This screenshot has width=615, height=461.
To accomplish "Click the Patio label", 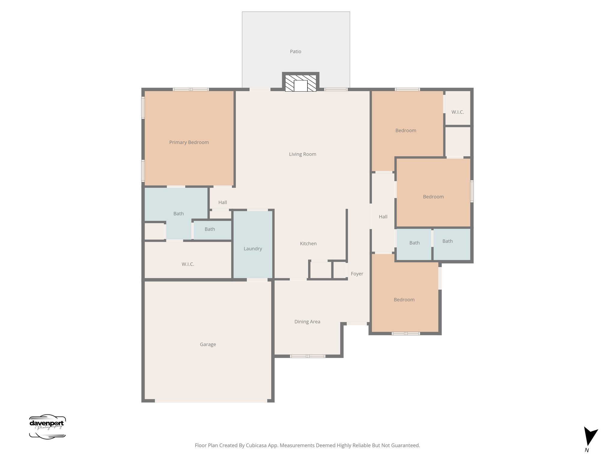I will pos(295,52).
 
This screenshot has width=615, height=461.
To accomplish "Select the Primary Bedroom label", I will pos(189,142).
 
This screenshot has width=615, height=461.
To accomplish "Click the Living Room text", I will pos(302,154).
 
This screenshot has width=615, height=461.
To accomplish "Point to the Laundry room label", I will pos(253,249).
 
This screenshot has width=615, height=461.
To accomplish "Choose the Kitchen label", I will pos(308,243).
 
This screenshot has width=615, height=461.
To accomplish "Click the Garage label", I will pos(208,344).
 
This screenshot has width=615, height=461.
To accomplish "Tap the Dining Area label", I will pos(307,322).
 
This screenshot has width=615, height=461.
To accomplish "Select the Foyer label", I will pos(357,274).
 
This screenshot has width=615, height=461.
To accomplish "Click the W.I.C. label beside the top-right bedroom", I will pos(457,112).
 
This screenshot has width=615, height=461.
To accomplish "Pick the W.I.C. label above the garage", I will pos(188,264).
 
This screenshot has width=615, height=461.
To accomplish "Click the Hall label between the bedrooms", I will pos(383,217).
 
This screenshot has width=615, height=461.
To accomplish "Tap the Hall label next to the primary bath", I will pos(223,202).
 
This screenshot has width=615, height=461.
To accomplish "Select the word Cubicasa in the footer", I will pos(257,445).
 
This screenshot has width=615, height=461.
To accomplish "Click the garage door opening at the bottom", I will pos(211,401).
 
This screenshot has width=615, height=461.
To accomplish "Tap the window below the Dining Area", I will pos(307,356).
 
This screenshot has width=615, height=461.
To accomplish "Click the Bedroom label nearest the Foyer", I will pos(404,300).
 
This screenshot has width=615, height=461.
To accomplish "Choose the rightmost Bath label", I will pos(447,241).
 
